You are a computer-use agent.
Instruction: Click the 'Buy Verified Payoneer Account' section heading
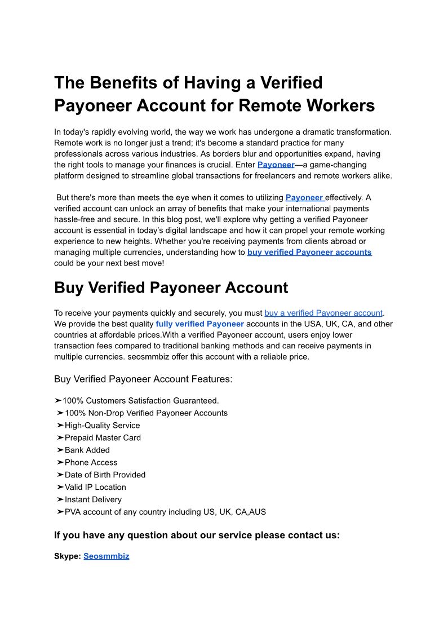tap(171, 287)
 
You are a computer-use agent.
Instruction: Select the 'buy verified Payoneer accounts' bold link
tap(309, 252)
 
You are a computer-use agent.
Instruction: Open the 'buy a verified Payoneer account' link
tap(323, 313)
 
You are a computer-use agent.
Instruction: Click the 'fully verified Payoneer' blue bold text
tap(199, 324)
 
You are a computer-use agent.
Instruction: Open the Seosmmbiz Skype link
tap(107, 556)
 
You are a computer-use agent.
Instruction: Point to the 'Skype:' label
tap(68, 556)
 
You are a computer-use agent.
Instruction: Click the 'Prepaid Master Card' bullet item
tap(103, 437)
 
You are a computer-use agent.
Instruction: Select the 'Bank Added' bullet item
tap(87, 450)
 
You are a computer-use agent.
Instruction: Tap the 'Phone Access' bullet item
tap(91, 462)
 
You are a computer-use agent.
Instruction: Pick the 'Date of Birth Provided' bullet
tap(105, 475)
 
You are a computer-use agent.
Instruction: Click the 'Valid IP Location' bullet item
tap(95, 487)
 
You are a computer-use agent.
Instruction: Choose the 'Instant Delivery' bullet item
tap(93, 499)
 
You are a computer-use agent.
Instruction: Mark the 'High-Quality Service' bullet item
tap(102, 425)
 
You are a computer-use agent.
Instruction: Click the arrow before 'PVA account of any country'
tap(60, 512)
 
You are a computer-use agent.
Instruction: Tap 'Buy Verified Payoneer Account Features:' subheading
tap(143, 379)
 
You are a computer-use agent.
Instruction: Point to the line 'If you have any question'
tap(197, 535)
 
